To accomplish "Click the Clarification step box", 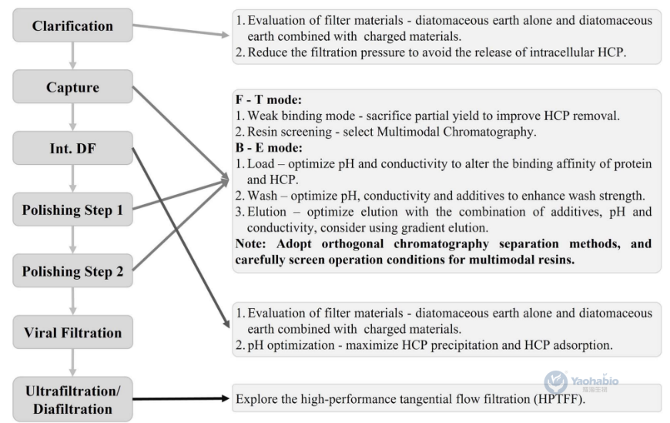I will (x=72, y=26).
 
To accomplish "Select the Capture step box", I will (x=72, y=87).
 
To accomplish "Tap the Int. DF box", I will (x=72, y=148).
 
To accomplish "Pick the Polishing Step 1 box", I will (x=72, y=210).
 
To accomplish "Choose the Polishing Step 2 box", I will (x=72, y=271).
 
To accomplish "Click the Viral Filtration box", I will (x=72, y=333).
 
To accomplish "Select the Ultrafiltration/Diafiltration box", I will (x=72, y=399).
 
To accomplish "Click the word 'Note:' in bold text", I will (x=253, y=243).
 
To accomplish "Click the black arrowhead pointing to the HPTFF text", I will (x=226, y=399).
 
